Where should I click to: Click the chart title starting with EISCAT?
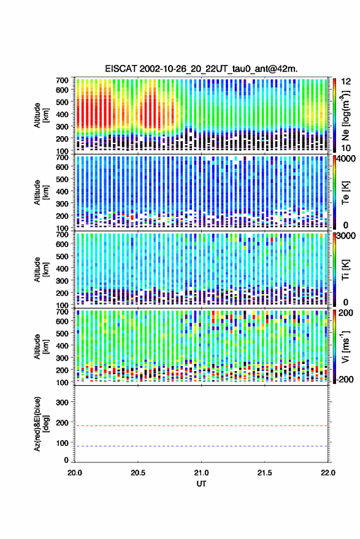tap(201, 69)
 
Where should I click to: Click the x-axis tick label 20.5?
tap(138, 473)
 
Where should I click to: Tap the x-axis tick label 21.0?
tap(201, 473)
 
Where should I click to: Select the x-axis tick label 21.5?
tap(264, 473)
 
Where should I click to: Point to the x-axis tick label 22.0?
tap(327, 473)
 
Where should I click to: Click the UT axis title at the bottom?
tap(201, 484)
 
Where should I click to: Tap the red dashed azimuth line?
tap(201, 426)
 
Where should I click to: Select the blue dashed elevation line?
tap(201, 446)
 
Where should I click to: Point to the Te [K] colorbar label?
tap(345, 193)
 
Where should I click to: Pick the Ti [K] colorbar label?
tap(345, 270)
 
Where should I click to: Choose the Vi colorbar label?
tap(345, 346)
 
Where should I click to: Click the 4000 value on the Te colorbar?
tap(346, 159)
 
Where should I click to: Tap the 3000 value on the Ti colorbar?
tap(346, 236)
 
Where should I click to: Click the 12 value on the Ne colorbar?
tap(346, 82)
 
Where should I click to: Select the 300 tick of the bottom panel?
tap(62, 402)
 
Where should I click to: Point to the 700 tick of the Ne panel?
tap(62, 80)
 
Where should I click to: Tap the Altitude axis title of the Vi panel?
tap(40, 346)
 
